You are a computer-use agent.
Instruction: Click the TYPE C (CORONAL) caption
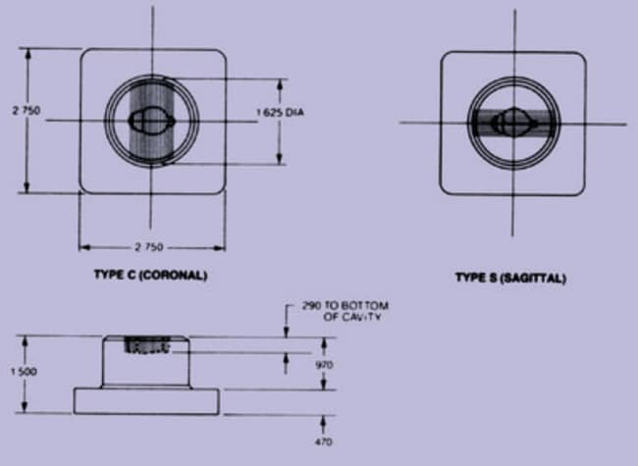tap(150, 276)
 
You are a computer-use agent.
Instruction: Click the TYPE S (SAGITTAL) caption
tap(510, 279)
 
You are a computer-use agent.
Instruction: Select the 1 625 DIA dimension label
tap(281, 112)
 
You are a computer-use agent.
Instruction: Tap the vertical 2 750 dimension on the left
tap(27, 111)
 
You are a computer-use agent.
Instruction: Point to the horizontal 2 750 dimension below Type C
tap(149, 247)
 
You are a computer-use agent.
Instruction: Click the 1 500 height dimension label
tap(24, 372)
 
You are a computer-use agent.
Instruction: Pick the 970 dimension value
tap(324, 365)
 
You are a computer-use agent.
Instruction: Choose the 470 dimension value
tap(324, 441)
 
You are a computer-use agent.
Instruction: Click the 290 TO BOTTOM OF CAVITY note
tap(346, 311)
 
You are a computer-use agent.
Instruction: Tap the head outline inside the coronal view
tap(152, 121)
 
